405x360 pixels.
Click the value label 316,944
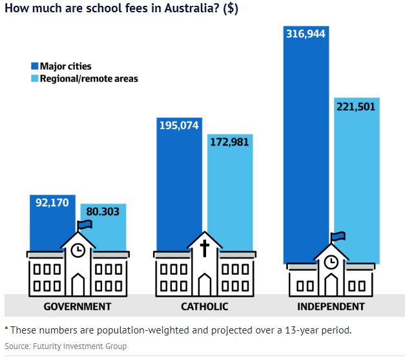(x=307, y=33)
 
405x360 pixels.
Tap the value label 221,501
(x=356, y=107)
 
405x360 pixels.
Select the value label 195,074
(x=180, y=125)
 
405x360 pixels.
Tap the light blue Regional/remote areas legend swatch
(x=34, y=79)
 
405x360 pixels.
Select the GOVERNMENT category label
(x=78, y=306)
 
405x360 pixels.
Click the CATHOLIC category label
(x=204, y=306)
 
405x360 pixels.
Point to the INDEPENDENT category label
(x=331, y=306)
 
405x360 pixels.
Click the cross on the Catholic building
(x=204, y=248)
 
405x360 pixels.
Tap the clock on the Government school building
(x=78, y=250)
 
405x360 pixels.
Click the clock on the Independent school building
(x=331, y=261)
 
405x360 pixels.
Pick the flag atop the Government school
(x=85, y=224)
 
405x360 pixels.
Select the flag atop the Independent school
(x=337, y=237)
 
